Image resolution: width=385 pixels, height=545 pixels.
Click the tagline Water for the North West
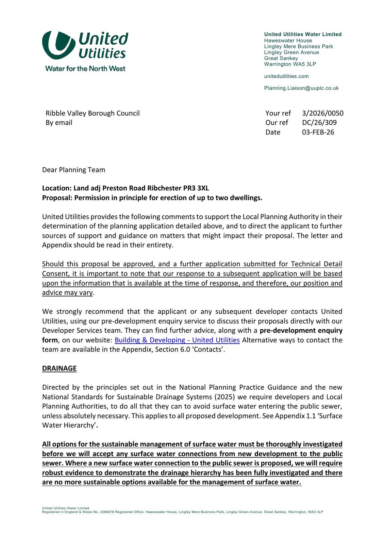coord(85,68)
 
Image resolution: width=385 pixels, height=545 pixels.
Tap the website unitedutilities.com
coord(286,76)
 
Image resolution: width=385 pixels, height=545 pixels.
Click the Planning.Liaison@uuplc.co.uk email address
coord(301,88)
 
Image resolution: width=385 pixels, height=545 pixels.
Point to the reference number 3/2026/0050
coord(322,113)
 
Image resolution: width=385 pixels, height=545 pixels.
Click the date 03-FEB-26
coord(318,132)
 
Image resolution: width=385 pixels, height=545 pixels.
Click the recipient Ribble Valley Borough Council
coord(93,113)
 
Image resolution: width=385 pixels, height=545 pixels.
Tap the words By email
coord(59,123)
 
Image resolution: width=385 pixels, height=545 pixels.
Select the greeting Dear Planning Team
coord(73,170)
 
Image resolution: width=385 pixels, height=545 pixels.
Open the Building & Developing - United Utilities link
coord(177,340)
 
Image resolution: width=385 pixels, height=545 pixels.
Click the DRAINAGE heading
coord(59,368)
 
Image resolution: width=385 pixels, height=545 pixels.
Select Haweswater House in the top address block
coord(288,41)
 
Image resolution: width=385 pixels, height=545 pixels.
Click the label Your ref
coord(278,113)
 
